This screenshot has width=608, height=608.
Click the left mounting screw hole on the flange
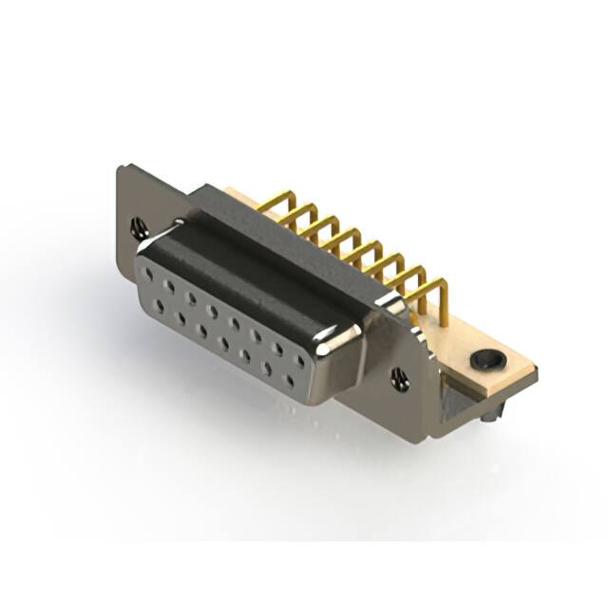click(140, 227)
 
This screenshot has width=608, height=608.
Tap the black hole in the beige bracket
click(487, 360)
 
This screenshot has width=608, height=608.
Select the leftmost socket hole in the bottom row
click(160, 306)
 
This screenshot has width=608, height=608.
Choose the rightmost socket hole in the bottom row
click(289, 381)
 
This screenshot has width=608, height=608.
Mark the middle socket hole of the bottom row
click(224, 343)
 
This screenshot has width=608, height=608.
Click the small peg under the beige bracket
click(488, 414)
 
